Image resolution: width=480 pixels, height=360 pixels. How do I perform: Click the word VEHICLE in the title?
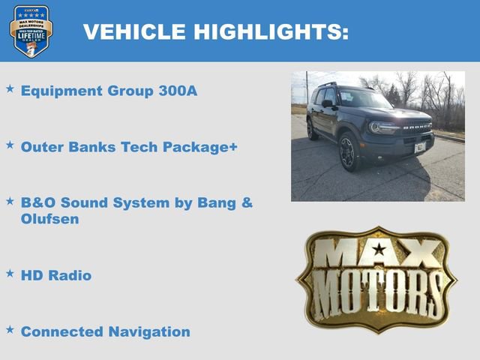136,31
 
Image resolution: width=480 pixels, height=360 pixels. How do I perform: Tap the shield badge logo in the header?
31,31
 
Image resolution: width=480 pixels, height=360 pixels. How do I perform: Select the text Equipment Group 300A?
104,91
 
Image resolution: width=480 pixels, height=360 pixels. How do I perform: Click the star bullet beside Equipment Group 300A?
10,88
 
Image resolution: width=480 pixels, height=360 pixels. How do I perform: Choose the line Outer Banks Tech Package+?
129,147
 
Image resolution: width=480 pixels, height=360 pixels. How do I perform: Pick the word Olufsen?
50,219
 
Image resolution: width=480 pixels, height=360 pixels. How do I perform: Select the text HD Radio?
56,275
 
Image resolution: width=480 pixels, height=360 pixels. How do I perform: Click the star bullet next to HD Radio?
10,273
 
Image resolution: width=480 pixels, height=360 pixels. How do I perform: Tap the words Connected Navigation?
105,331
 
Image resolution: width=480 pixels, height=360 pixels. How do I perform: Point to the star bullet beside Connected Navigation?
10,328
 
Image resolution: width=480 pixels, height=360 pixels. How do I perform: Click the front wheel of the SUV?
347,152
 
